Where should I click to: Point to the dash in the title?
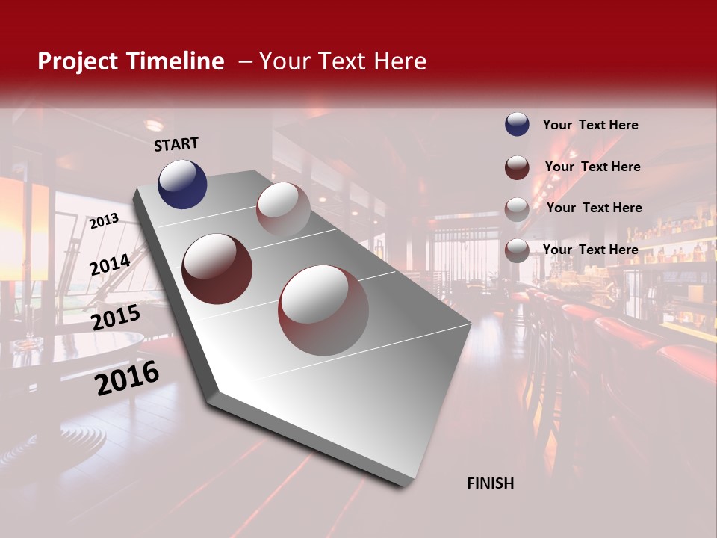(244, 61)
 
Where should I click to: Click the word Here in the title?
(399, 61)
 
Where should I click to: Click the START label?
(176, 144)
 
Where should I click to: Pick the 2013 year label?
(104, 220)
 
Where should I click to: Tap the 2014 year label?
(110, 265)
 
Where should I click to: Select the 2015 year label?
(116, 317)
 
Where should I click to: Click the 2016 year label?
(127, 377)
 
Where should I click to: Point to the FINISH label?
(491, 483)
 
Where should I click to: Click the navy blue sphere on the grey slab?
(182, 184)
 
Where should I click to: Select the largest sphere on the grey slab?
(323, 309)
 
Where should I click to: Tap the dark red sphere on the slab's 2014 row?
(217, 268)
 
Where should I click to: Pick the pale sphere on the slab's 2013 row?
(283, 209)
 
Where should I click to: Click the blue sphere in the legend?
(517, 125)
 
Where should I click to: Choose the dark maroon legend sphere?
(517, 167)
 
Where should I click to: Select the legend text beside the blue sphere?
(590, 126)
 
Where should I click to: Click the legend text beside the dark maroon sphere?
(592, 167)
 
